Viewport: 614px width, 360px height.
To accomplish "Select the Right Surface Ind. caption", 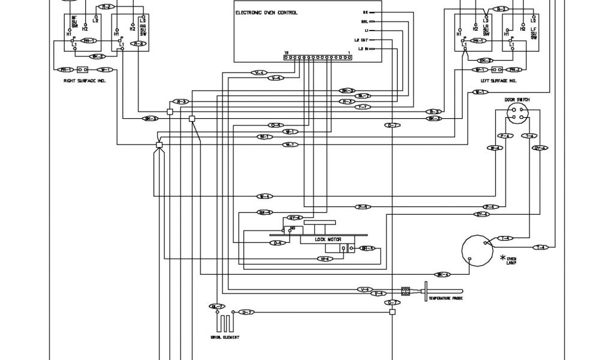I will (x=84, y=80).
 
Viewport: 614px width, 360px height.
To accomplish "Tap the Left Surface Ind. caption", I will (x=498, y=80).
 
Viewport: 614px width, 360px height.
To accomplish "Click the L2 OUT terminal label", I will (x=361, y=39).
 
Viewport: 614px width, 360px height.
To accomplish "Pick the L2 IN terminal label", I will (x=363, y=48).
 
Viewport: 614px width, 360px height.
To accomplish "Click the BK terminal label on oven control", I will (x=366, y=12).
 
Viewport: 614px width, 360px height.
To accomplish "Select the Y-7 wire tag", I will (x=363, y=107).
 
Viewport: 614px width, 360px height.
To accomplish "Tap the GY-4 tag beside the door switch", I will (x=540, y=148).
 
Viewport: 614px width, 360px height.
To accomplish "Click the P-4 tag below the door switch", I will (x=505, y=136).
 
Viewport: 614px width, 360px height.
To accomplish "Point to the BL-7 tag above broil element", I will (x=216, y=307).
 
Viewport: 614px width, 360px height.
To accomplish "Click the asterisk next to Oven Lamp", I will (x=502, y=257).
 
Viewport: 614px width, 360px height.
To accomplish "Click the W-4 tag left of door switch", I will (x=495, y=148).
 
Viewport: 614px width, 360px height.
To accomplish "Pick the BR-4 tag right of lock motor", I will (x=367, y=248).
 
